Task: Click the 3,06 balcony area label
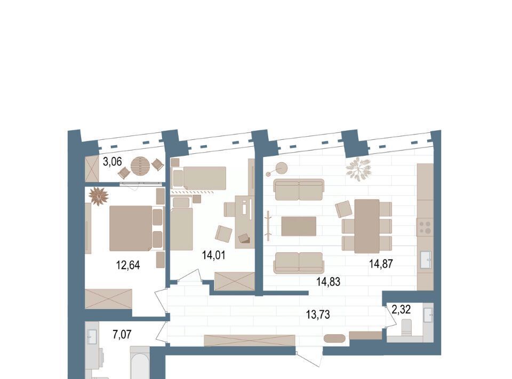coord(113,161)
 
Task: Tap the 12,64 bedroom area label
coord(128,265)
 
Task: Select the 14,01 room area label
coord(213,255)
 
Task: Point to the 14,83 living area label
coord(328,281)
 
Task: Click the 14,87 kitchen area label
coord(381,263)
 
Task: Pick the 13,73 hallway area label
coord(318,314)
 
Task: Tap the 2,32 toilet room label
coord(401,309)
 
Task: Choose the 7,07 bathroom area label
coord(122,335)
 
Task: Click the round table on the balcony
coord(140,166)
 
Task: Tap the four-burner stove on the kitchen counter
coord(425,227)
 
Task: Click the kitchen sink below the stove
coord(426,260)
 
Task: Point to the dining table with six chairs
coord(367,226)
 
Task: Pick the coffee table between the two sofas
coord(299,226)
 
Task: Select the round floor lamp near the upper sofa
coord(281,169)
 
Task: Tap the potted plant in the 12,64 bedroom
coord(98,196)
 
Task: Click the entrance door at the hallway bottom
coord(309,358)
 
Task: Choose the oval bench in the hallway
coord(334,338)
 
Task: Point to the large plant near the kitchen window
coord(358,169)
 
